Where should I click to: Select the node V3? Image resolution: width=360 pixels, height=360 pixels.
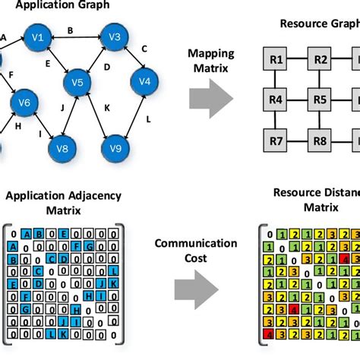click(x=115, y=36)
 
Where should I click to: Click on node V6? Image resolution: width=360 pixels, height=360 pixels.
click(x=23, y=103)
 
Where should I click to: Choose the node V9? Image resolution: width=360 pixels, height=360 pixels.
click(x=115, y=147)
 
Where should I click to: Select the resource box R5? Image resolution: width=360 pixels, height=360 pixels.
click(x=320, y=99)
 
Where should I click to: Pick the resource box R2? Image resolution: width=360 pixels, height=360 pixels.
click(x=320, y=58)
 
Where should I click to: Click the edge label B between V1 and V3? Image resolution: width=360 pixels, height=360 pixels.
click(x=71, y=31)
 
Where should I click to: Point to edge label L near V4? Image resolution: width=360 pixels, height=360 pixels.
click(x=148, y=120)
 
